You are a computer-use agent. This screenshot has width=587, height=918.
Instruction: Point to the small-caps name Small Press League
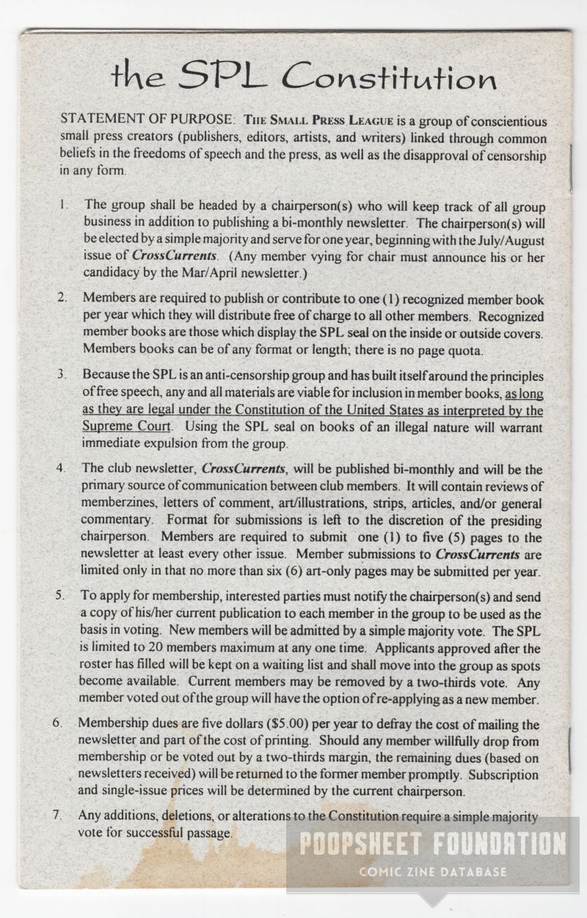click(309, 120)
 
